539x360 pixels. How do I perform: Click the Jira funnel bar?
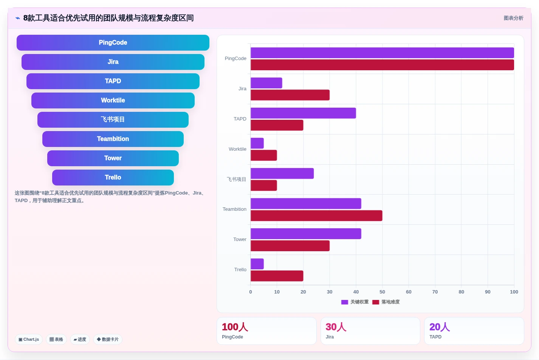click(x=113, y=62)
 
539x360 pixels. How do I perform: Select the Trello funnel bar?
click(x=113, y=178)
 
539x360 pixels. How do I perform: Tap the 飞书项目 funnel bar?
click(x=113, y=119)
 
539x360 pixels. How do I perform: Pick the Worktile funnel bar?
click(x=113, y=100)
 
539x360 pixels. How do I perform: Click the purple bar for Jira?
click(x=266, y=83)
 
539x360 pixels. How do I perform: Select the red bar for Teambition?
click(x=316, y=216)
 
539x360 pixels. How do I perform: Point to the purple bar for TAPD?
click(x=303, y=113)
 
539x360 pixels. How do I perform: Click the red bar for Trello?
click(x=277, y=276)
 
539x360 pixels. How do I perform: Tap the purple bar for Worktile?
click(x=257, y=143)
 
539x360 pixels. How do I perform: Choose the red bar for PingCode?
click(x=383, y=65)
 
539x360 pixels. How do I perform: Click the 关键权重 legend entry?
click(x=355, y=302)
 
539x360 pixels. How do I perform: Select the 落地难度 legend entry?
click(x=386, y=302)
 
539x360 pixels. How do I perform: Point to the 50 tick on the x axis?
click(x=383, y=292)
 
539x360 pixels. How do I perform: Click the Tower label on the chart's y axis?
click(x=240, y=239)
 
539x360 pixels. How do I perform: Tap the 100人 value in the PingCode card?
click(x=235, y=327)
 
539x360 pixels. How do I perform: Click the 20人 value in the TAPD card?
click(x=440, y=327)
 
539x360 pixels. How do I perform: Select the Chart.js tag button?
click(x=29, y=339)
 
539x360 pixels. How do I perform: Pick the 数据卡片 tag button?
click(x=108, y=339)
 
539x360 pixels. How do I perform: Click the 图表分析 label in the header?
click(x=514, y=18)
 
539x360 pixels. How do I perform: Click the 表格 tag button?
click(x=56, y=339)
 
